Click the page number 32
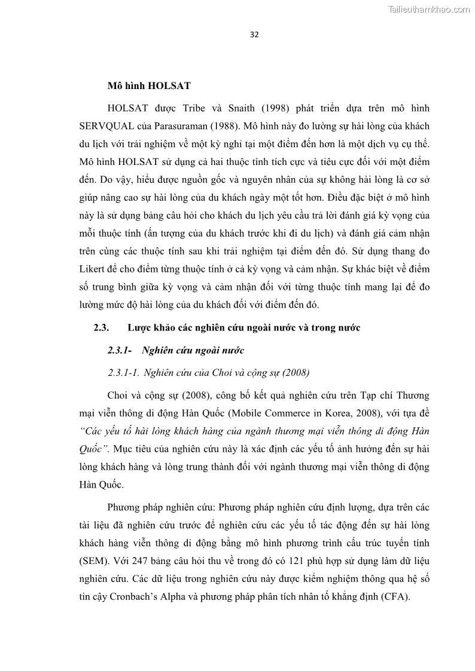(x=254, y=34)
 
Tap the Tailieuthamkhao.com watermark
(x=429, y=9)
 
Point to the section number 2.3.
(x=101, y=327)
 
